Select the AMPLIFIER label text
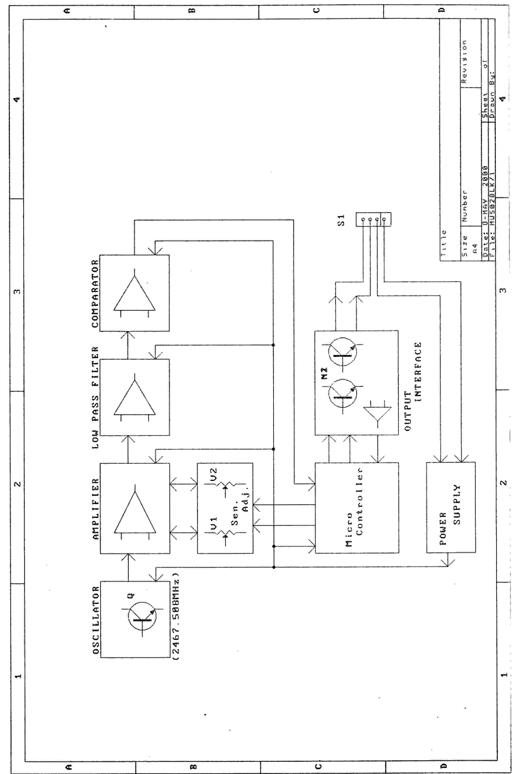click(x=95, y=509)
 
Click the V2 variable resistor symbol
click(x=226, y=484)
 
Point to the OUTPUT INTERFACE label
click(x=413, y=387)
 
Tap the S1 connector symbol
click(x=373, y=220)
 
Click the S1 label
click(x=341, y=220)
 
